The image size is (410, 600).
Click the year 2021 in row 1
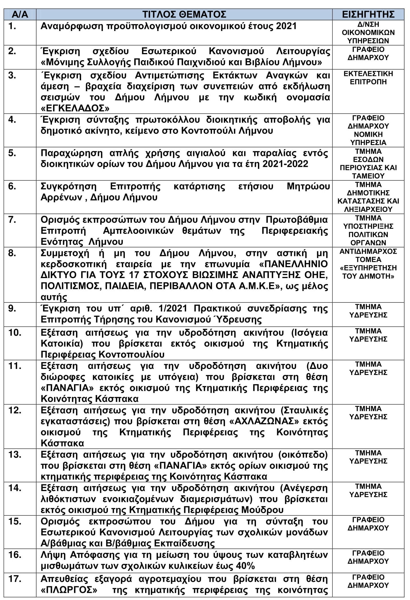tap(286, 26)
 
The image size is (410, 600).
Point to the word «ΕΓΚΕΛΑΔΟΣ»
tap(75, 108)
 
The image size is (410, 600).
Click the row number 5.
tap(12, 153)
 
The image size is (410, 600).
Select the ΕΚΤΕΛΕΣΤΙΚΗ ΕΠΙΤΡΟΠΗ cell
tap(368, 78)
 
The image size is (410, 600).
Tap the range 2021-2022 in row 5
tap(285, 164)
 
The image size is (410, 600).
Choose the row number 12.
tap(15, 410)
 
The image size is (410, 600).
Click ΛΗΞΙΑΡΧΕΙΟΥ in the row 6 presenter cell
tap(368, 209)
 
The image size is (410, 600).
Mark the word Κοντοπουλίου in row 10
tap(131, 355)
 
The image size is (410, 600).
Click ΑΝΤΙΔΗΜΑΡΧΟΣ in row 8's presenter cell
tap(368, 251)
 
